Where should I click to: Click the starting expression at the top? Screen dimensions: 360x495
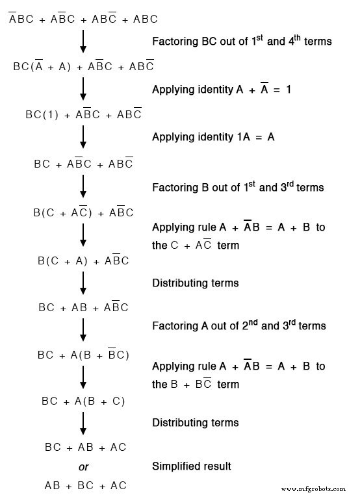(x=83, y=19)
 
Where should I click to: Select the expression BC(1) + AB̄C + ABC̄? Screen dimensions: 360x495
(x=83, y=114)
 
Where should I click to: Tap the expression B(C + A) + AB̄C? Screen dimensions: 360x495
(x=83, y=260)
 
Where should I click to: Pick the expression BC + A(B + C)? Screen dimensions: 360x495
(x=83, y=401)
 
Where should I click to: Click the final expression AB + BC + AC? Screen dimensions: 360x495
(x=85, y=485)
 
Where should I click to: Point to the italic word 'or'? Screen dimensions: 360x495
(x=83, y=466)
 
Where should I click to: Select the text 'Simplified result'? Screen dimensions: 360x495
(x=191, y=466)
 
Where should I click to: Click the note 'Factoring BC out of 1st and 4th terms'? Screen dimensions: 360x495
(x=242, y=41)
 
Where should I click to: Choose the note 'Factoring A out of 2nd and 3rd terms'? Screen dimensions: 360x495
(x=238, y=325)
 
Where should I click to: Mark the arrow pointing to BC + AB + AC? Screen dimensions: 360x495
(x=83, y=424)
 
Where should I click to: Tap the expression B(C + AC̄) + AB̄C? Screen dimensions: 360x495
(x=83, y=212)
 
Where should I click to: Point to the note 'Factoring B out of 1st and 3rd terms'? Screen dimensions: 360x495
(x=237, y=187)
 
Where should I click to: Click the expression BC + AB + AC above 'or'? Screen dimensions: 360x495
(x=85, y=447)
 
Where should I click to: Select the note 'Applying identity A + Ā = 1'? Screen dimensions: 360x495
(x=222, y=89)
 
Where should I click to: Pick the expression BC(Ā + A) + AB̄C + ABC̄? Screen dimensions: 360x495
(x=83, y=66)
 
